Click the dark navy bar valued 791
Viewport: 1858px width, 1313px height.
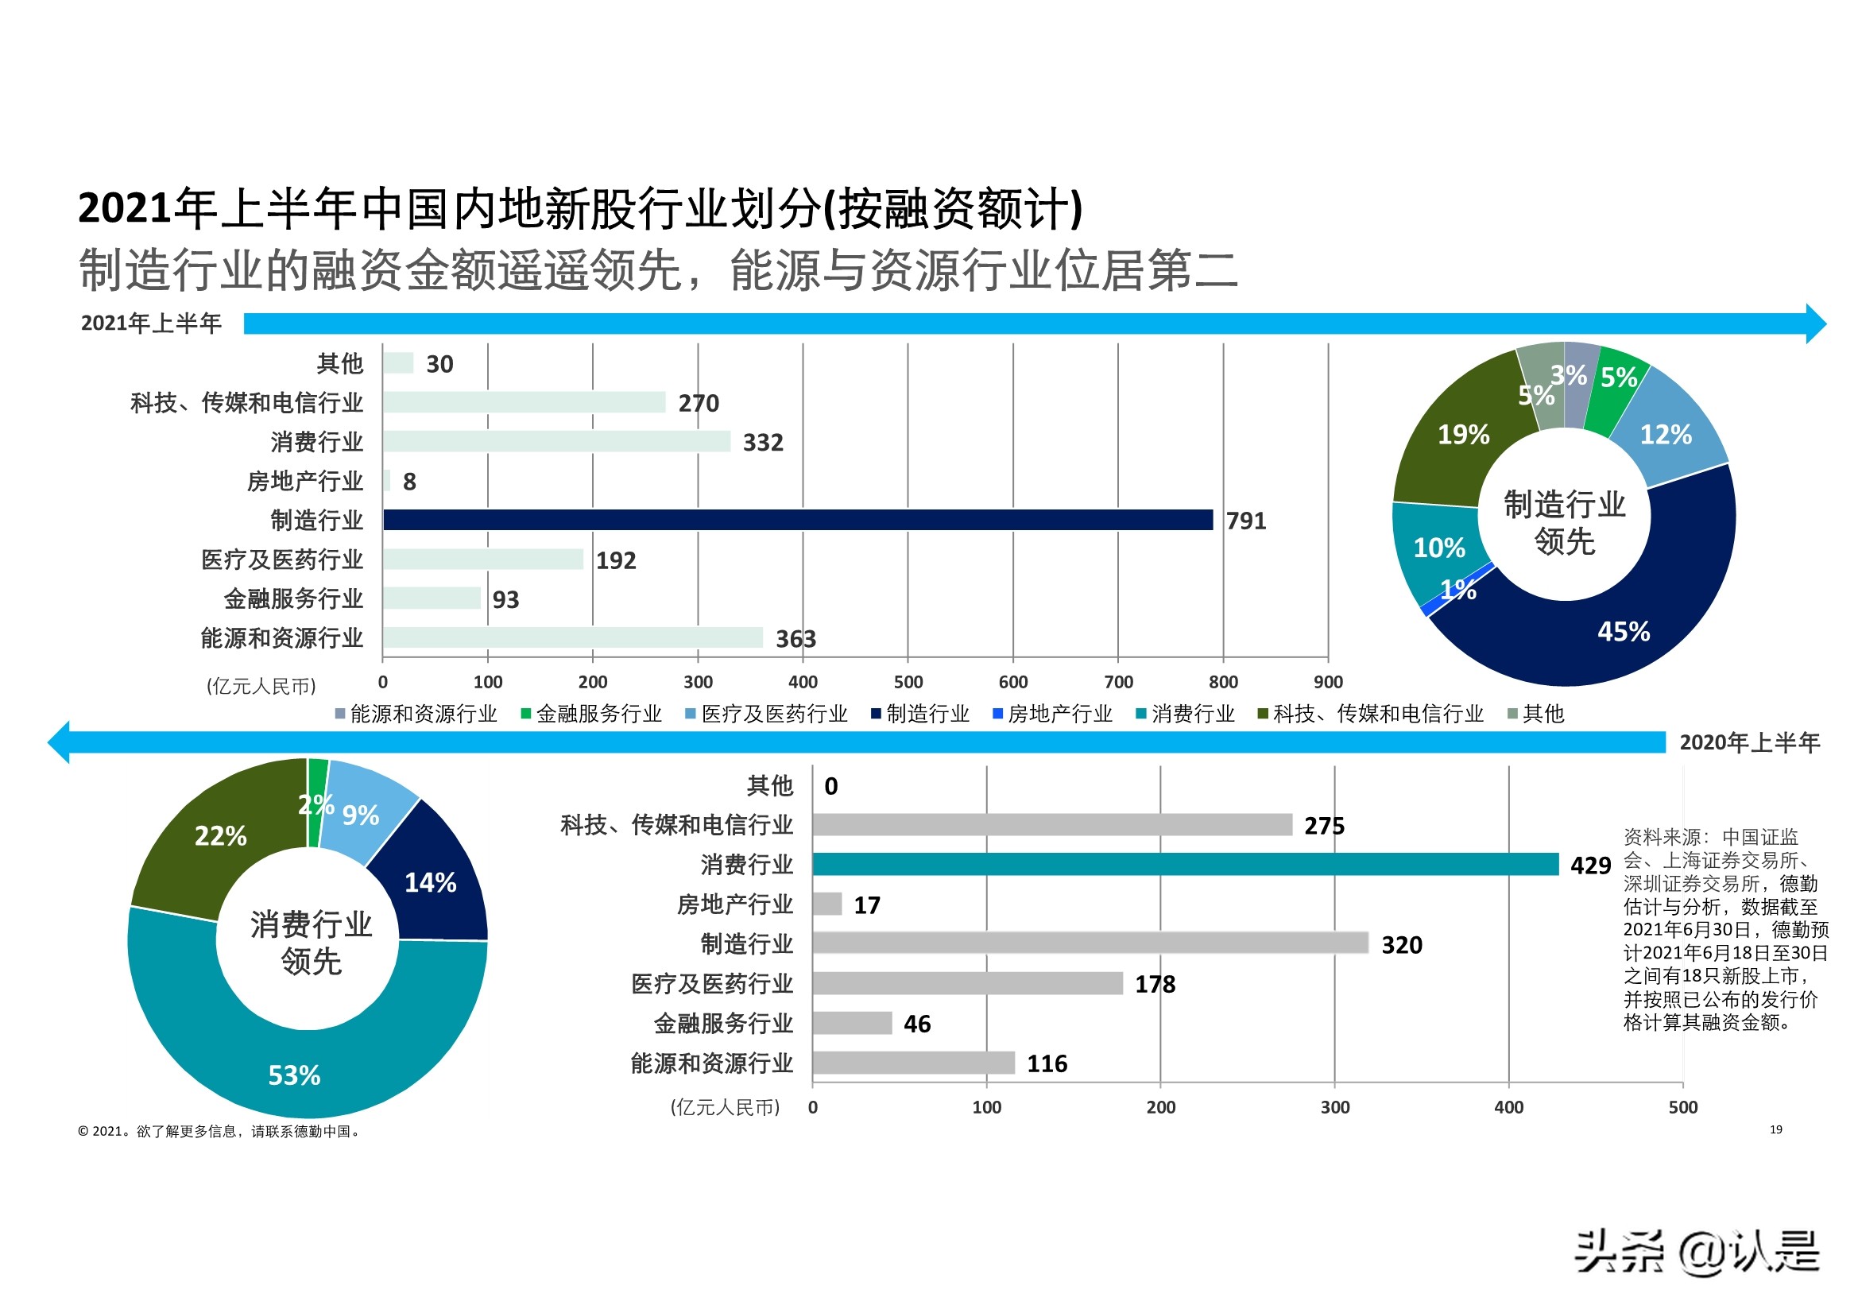797,520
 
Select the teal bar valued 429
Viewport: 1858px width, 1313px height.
1185,864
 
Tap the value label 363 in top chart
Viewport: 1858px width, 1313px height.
795,639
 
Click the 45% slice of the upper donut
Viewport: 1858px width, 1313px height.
1623,630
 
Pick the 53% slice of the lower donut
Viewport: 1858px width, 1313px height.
295,1075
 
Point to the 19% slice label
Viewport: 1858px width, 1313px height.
1463,435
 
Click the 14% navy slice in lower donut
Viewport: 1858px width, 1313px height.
431,881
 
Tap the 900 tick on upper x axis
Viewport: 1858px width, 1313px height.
1328,682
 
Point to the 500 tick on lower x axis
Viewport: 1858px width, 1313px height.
1682,1106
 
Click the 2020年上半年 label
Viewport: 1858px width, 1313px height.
1749,742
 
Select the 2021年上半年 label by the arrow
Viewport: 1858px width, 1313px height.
151,323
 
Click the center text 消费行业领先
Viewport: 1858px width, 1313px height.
311,943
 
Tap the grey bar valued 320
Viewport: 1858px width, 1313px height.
1090,943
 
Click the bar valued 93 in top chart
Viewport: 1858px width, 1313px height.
432,598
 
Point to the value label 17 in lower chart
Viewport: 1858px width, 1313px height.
867,905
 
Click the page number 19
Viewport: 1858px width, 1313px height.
1775,1129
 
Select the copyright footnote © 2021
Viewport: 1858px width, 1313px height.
219,1131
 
